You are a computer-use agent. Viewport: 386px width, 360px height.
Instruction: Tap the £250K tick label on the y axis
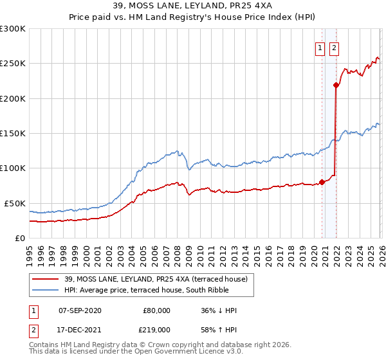(x=13, y=64)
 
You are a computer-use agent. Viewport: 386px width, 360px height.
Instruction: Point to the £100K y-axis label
(x=13, y=168)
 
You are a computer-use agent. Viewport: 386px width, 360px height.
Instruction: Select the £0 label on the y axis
(x=20, y=238)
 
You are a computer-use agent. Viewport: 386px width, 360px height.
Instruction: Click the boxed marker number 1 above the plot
(x=320, y=47)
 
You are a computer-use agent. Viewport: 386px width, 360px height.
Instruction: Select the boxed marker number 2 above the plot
(x=335, y=47)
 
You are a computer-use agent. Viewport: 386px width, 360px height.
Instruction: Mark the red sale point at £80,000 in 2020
(x=322, y=182)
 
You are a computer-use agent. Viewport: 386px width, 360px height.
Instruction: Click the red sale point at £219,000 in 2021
(x=336, y=85)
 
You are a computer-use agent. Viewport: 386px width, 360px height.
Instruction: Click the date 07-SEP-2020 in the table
(x=80, y=310)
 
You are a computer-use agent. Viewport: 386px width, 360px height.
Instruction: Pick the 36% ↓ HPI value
(x=219, y=310)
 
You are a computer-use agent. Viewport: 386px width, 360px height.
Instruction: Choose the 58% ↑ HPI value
(x=219, y=329)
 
